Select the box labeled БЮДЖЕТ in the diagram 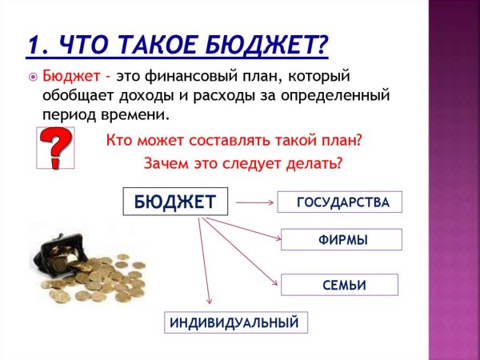click(x=174, y=202)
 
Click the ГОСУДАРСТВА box click(x=339, y=202)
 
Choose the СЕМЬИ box click(x=339, y=285)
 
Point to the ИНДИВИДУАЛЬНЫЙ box click(x=236, y=322)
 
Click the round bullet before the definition click(x=33, y=78)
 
